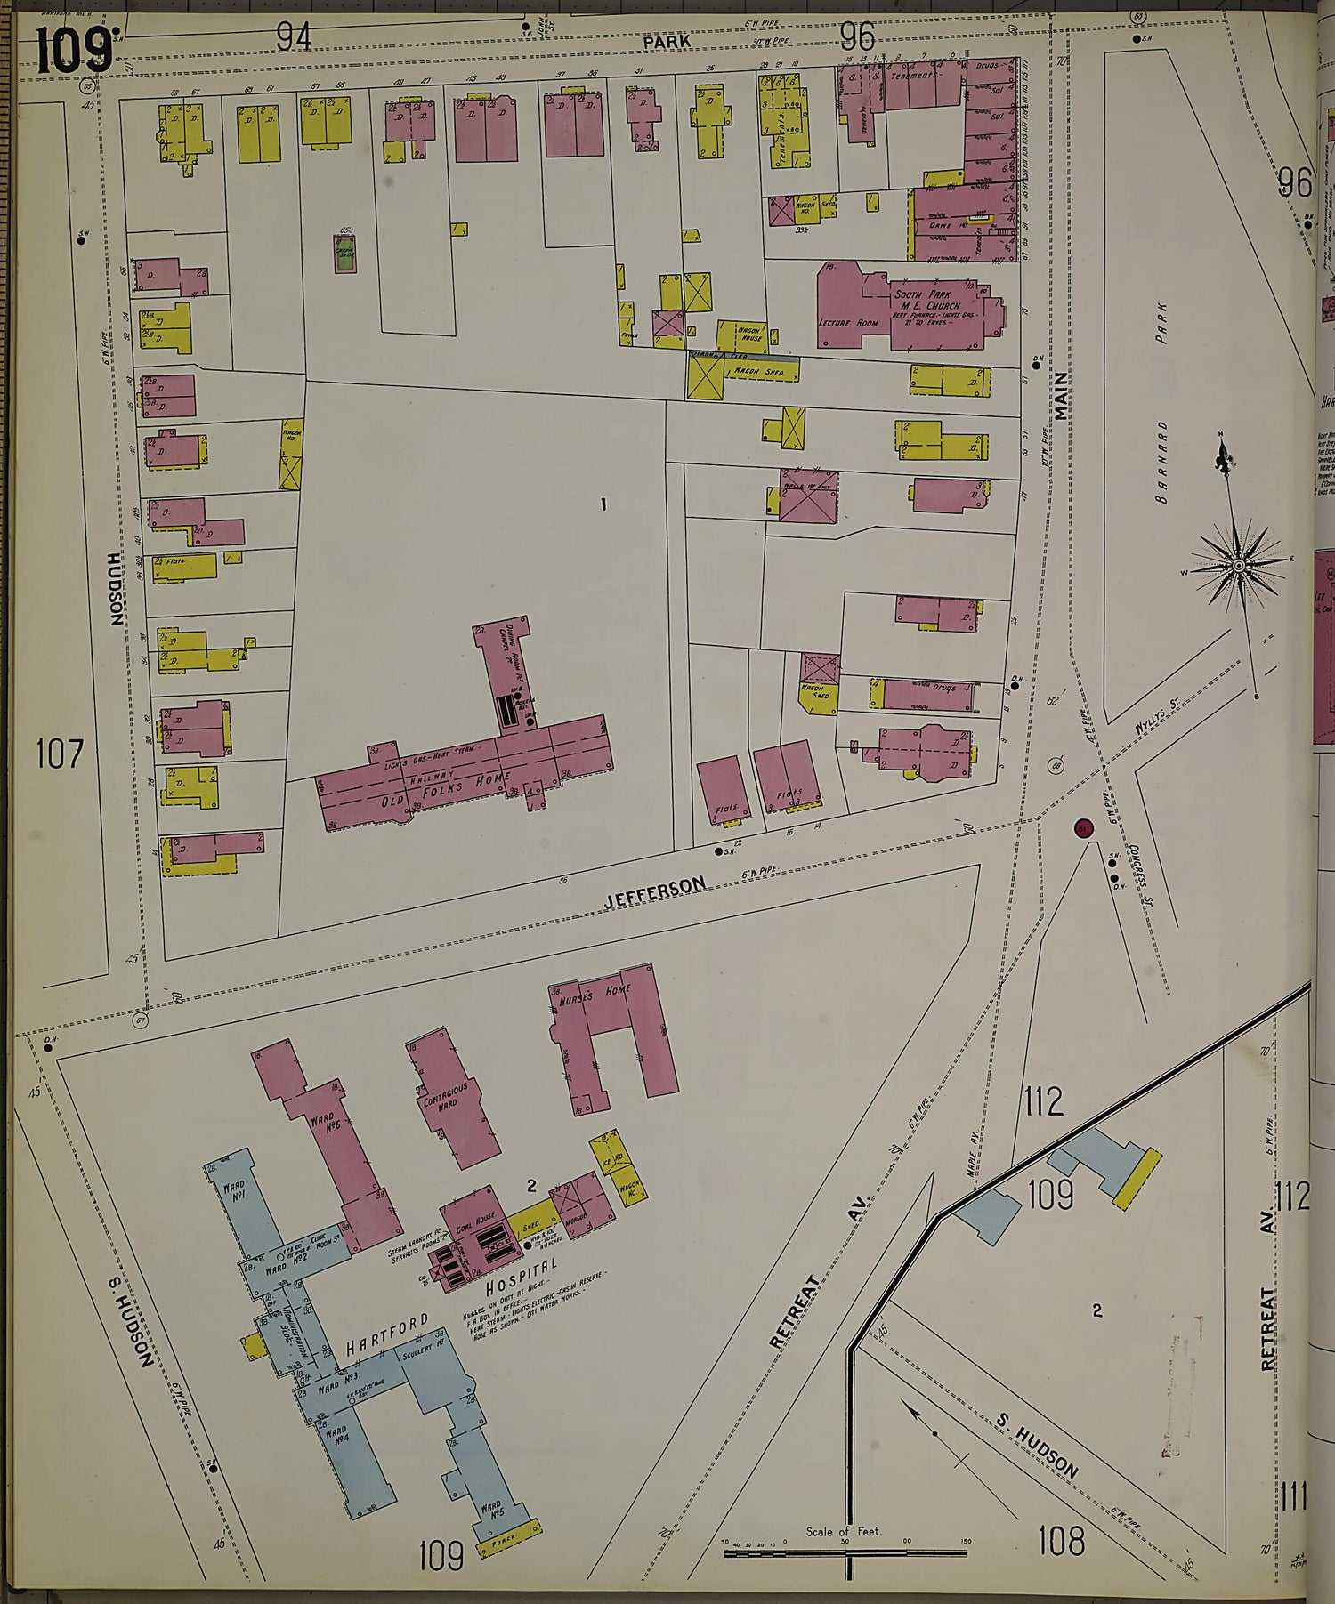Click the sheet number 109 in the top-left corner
coord(75,51)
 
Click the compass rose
coord(1237,564)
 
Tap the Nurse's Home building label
coord(605,995)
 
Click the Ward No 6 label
coord(324,1124)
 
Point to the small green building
coord(344,252)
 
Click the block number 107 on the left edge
coord(60,754)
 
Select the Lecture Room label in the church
coord(846,322)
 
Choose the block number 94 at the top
coord(294,36)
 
